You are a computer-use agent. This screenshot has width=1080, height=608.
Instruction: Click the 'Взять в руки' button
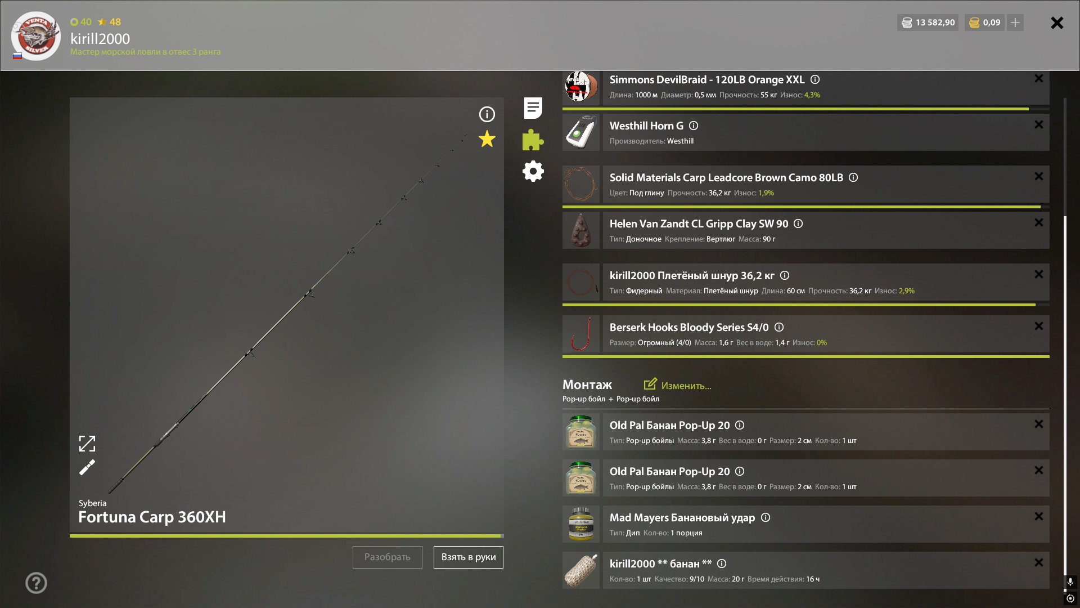click(x=468, y=557)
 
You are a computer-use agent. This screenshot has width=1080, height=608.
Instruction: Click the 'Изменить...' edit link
click(x=678, y=385)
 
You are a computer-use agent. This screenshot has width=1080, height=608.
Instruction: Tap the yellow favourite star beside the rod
click(x=487, y=139)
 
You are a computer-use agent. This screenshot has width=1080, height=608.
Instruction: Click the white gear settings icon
click(x=533, y=171)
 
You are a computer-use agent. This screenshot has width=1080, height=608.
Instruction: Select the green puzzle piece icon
click(x=533, y=140)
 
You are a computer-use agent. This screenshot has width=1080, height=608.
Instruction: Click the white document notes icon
click(x=533, y=108)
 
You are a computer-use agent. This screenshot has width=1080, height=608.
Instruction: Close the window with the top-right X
click(x=1057, y=23)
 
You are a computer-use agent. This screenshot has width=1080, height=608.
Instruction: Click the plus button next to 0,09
click(x=1015, y=23)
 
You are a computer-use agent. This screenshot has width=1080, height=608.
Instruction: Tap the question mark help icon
click(x=36, y=583)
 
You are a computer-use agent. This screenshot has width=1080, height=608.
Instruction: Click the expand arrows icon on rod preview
click(x=87, y=444)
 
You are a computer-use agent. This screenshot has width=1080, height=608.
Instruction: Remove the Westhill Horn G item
click(x=1038, y=124)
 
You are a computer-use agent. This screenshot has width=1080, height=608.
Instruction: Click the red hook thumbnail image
click(x=581, y=334)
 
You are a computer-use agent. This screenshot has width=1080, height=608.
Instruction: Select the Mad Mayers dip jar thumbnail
click(x=581, y=524)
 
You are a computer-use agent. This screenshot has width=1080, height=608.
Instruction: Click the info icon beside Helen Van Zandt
click(x=798, y=223)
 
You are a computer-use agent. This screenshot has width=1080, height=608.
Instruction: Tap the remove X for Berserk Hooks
click(x=1038, y=326)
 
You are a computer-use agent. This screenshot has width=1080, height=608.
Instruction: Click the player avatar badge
click(x=36, y=35)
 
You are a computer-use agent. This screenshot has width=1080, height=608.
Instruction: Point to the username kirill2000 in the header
click(x=100, y=38)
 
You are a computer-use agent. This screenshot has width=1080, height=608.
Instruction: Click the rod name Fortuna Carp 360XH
click(x=152, y=517)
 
